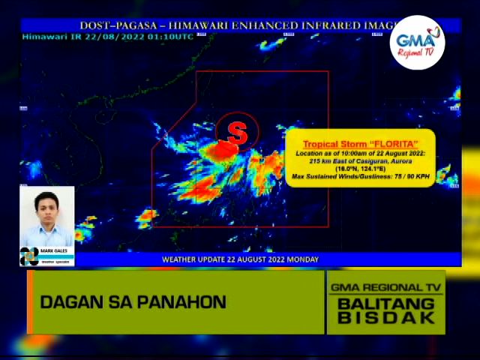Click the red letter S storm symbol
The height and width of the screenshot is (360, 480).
coord(237,133)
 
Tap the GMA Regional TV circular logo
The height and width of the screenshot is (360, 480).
coord(417,43)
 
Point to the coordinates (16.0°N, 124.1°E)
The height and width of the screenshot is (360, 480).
coord(360,169)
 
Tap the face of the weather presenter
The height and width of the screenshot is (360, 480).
coord(46,207)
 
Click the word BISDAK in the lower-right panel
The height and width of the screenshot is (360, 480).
coord(386,317)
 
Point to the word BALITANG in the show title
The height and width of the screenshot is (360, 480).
coord(386,303)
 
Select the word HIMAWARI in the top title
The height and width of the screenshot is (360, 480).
coord(206,25)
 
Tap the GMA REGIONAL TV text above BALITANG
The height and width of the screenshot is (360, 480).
coord(386,287)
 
